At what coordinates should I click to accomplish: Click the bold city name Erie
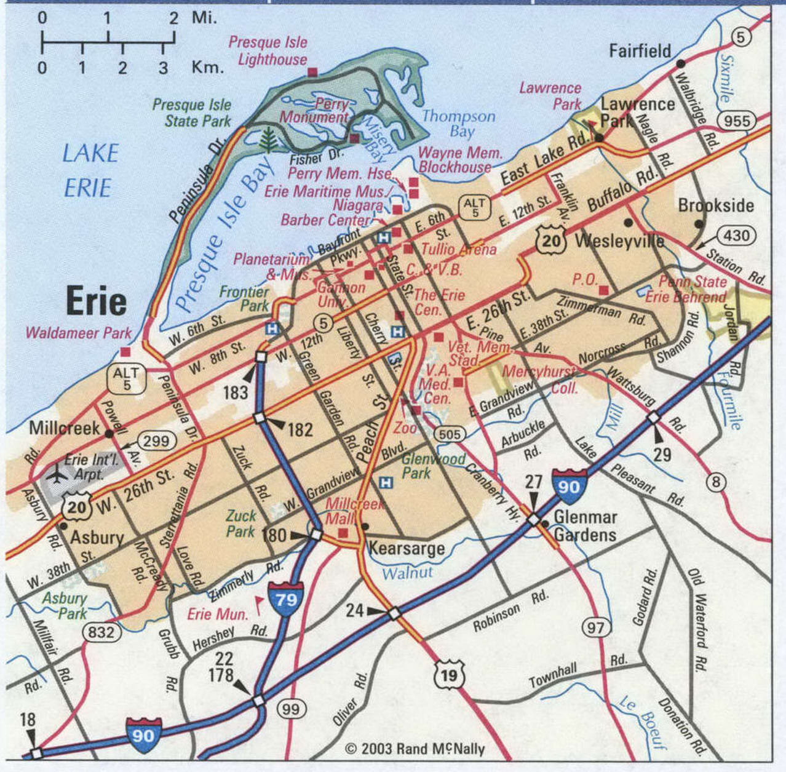point(96,301)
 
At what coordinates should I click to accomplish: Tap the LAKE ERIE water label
point(90,170)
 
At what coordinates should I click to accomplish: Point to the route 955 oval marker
point(737,120)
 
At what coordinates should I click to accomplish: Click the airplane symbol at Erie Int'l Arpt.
point(58,475)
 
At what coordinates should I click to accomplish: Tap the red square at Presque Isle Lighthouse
point(312,72)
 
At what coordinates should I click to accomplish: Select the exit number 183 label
point(235,392)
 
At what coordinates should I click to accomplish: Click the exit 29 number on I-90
point(662,455)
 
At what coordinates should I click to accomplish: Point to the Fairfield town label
point(640,51)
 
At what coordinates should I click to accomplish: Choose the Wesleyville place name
point(619,241)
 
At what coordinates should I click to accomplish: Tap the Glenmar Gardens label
point(585,526)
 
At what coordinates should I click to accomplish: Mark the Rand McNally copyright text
point(415,749)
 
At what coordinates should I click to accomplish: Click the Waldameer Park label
point(79,333)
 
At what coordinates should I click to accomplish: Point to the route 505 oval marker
point(450,434)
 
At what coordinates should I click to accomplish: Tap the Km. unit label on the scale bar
point(207,66)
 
